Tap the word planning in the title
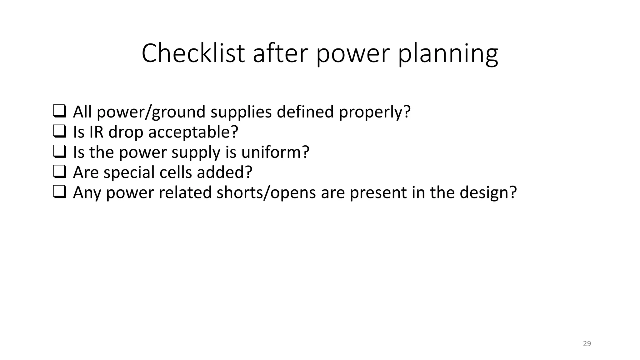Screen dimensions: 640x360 point(447,55)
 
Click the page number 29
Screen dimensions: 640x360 point(587,344)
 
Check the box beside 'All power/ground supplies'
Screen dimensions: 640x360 point(59,112)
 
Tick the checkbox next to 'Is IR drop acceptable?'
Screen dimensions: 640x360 point(59,132)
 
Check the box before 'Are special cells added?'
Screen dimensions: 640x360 point(59,172)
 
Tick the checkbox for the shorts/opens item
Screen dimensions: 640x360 point(59,192)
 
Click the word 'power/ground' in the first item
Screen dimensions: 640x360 point(151,112)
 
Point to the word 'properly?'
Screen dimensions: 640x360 point(375,113)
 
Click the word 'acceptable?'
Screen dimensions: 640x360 point(193,132)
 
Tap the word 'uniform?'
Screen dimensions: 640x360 point(275,152)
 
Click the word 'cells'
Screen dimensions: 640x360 point(176,172)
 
